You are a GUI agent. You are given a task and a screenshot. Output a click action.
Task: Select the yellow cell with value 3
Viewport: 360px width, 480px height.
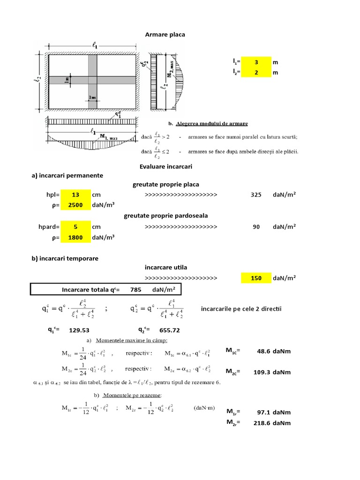click(x=256, y=62)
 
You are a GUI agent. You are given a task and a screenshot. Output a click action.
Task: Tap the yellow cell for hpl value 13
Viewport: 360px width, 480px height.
click(x=75, y=195)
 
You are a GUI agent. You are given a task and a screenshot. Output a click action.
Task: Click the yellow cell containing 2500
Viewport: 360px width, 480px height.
click(x=75, y=205)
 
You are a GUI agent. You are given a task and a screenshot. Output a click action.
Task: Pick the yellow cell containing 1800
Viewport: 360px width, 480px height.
click(x=75, y=237)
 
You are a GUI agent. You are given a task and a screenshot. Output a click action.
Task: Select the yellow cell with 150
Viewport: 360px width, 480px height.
click(x=256, y=278)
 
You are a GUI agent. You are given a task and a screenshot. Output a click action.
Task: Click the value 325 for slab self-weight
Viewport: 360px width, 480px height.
click(x=256, y=195)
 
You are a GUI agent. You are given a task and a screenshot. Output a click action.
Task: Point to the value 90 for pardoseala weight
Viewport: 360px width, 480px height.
click(x=256, y=226)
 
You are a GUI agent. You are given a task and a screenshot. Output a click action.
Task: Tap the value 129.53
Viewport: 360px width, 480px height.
click(x=79, y=330)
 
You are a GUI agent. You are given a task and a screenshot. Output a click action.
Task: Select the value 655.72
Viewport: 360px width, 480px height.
click(x=170, y=330)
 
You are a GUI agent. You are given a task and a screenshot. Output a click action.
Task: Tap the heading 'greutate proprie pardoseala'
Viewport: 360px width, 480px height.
click(x=166, y=216)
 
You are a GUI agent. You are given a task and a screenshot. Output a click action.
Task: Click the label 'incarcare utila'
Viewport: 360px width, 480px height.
click(x=166, y=267)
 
